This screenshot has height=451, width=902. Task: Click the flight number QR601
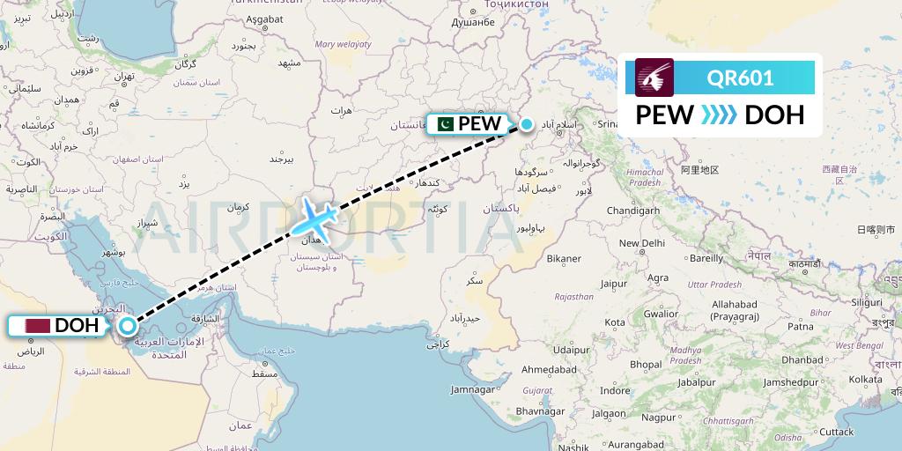pos(740,78)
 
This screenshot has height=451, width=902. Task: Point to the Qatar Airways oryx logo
pos(654,78)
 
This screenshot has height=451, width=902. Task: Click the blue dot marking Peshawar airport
pos(526,124)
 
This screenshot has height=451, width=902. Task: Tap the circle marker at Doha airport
pos(128,326)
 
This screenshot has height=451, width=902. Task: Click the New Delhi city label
pos(641,243)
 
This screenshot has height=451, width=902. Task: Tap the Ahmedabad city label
pos(548,369)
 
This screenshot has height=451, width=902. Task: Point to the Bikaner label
pos(564,259)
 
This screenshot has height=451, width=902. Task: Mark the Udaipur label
pos(571,350)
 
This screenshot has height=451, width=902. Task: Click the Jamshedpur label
pos(796,383)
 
